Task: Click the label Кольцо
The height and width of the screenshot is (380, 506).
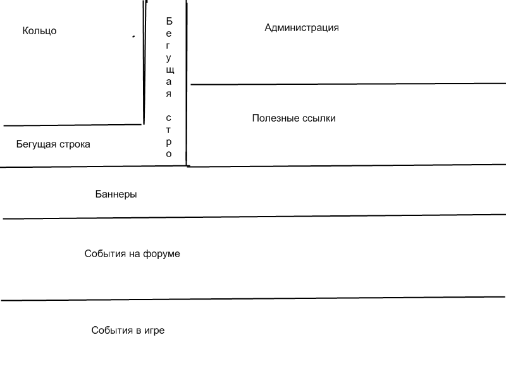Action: (x=39, y=30)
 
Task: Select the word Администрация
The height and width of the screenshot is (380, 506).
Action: (x=302, y=28)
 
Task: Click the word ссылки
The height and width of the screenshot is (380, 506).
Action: (x=319, y=118)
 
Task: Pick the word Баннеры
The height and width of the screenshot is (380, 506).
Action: (x=116, y=194)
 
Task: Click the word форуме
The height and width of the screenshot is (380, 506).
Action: (x=161, y=254)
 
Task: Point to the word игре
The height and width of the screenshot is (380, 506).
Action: (x=154, y=331)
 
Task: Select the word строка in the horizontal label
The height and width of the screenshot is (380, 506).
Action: (x=75, y=144)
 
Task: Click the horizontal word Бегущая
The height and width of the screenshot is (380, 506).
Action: (x=36, y=144)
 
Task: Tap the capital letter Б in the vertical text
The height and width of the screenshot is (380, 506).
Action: (x=169, y=21)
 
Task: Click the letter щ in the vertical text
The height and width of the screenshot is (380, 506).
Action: (x=170, y=70)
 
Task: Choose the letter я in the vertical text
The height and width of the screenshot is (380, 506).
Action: (x=169, y=94)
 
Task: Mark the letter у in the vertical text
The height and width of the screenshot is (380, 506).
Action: (x=168, y=58)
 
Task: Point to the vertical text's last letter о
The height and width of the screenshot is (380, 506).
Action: (x=169, y=154)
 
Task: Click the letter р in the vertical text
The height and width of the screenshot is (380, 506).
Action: (x=169, y=142)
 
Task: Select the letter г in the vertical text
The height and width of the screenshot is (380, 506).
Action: (x=168, y=46)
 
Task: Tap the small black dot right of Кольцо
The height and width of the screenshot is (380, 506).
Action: (x=133, y=37)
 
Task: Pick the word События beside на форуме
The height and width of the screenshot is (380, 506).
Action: (x=105, y=254)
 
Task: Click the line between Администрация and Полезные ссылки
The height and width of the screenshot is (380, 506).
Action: (x=349, y=84)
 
